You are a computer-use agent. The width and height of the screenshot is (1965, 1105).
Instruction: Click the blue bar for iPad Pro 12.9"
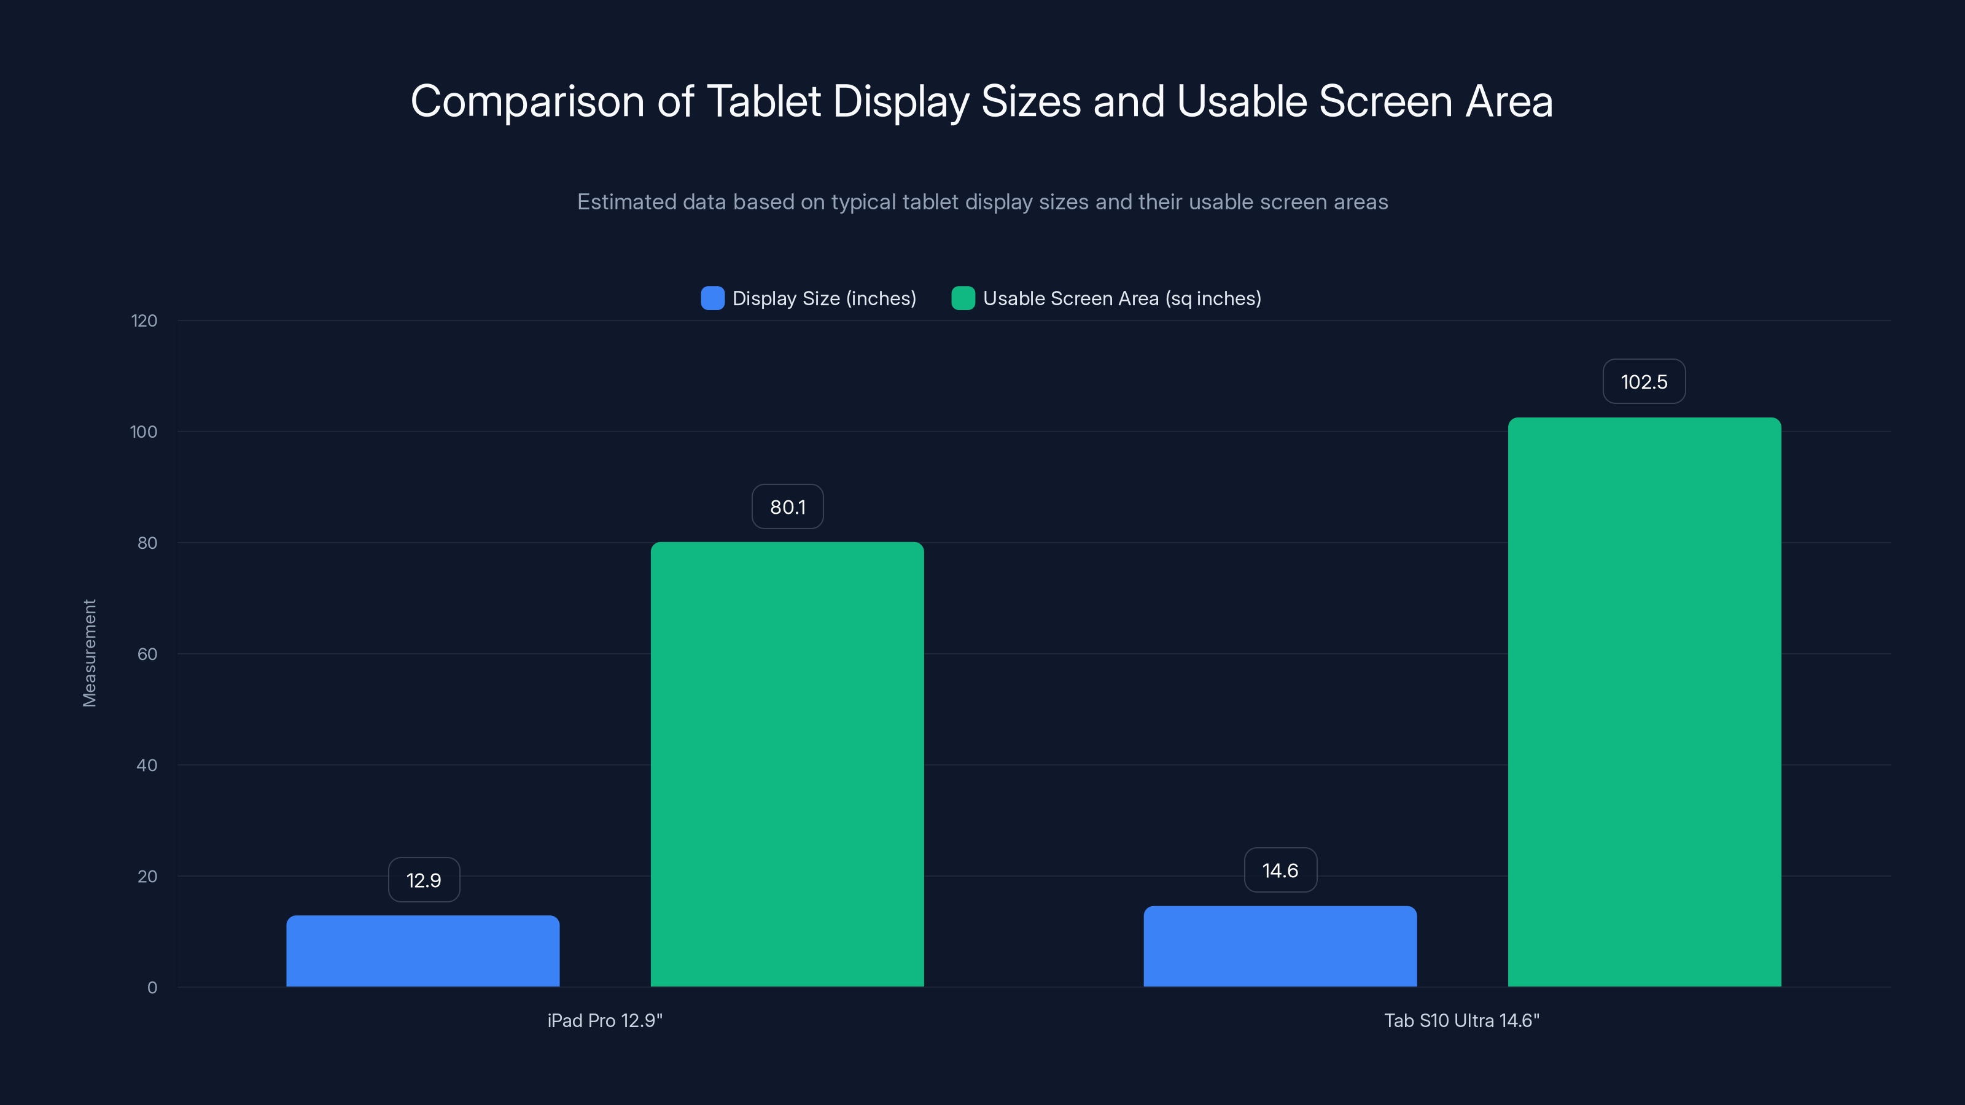click(x=422, y=951)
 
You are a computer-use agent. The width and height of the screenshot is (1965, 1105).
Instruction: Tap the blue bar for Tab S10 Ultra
click(x=1279, y=947)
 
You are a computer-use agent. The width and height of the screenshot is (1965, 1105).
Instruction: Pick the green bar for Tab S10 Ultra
click(x=1644, y=702)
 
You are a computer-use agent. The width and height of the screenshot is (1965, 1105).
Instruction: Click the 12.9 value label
click(x=423, y=880)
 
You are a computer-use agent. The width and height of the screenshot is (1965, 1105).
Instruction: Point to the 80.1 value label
click(x=787, y=506)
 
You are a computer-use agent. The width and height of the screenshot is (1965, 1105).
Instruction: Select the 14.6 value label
click(x=1280, y=870)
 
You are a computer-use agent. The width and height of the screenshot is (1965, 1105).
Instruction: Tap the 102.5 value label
click(x=1644, y=381)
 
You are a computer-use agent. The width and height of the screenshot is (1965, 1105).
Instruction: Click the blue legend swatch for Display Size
click(x=712, y=298)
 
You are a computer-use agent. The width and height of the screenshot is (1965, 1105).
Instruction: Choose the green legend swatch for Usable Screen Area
click(x=963, y=298)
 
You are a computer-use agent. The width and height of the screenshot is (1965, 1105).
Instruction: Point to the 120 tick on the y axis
click(x=144, y=321)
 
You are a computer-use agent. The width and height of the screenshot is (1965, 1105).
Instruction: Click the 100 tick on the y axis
click(x=144, y=432)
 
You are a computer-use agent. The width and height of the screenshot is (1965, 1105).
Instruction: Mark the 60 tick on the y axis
click(x=147, y=654)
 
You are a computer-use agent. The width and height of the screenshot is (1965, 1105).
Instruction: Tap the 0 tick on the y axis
click(x=152, y=988)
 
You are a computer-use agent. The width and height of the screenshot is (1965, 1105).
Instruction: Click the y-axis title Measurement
click(x=89, y=653)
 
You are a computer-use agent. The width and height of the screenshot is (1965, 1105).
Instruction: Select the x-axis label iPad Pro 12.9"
click(x=605, y=1020)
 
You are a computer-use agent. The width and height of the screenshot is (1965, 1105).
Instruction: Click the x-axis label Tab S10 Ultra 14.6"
click(x=1461, y=1020)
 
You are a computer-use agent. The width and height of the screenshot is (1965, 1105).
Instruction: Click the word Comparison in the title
click(x=527, y=101)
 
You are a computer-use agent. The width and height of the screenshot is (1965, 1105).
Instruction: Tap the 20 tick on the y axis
click(x=147, y=876)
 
